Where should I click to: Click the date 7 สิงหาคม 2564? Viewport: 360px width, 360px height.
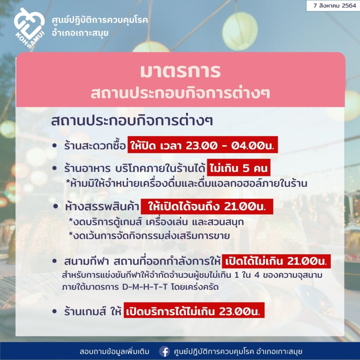pyautogui.click(x=335, y=6)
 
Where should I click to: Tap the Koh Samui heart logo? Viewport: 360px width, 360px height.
pyautogui.click(x=29, y=28)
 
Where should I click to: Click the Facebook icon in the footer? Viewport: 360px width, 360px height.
pyautogui.click(x=165, y=352)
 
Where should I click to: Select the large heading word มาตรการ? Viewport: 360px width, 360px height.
pyautogui.click(x=180, y=71)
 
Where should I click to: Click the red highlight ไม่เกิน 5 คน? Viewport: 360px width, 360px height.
pyautogui.click(x=239, y=168)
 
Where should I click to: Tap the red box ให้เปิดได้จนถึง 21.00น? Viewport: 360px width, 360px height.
pyautogui.click(x=207, y=206)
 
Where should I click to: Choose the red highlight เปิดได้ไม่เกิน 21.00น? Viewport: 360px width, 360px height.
pyautogui.click(x=276, y=261)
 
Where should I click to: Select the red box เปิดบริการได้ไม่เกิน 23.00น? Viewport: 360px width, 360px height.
pyautogui.click(x=194, y=310)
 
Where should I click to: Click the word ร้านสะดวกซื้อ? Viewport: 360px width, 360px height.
pyautogui.click(x=95, y=146)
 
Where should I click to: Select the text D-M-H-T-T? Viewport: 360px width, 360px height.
pyautogui.click(x=145, y=287)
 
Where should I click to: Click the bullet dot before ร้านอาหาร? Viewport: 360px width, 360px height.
pyautogui.click(x=54, y=168)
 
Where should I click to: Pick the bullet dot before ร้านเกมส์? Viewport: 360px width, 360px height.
pyautogui.click(x=54, y=311)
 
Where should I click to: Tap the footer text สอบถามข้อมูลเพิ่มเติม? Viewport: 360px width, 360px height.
pyautogui.click(x=114, y=352)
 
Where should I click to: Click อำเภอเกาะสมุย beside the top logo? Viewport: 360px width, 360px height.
pyautogui.click(x=80, y=33)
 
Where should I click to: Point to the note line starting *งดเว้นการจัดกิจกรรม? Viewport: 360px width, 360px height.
pyautogui.click(x=149, y=236)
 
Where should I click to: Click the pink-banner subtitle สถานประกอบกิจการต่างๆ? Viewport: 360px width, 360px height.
pyautogui.click(x=180, y=93)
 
